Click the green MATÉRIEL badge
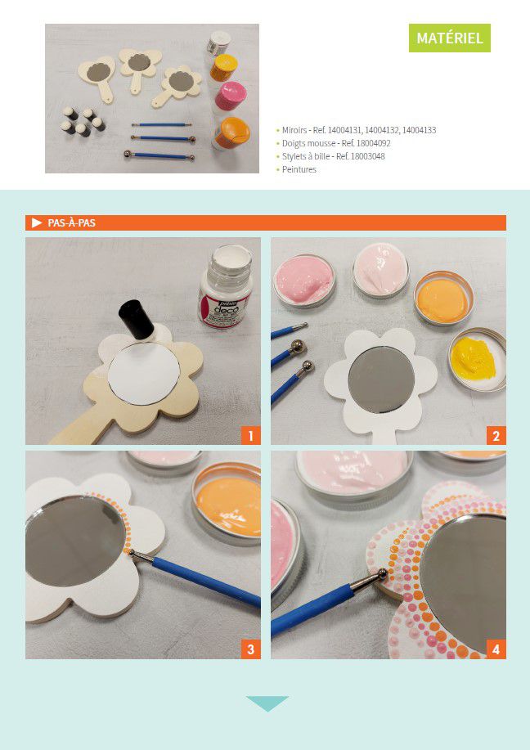tap(449, 38)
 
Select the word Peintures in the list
tap(299, 169)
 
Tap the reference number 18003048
tap(367, 156)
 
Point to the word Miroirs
tap(294, 130)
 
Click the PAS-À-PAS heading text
tap(71, 223)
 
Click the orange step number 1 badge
tap(250, 436)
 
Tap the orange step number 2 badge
tap(496, 436)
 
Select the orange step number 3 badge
tap(250, 649)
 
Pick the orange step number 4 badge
tap(496, 649)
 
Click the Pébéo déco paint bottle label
tap(225, 311)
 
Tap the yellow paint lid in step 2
tap(477, 359)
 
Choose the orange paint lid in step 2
tap(443, 299)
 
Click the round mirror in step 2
tap(381, 379)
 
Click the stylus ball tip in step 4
tap(382, 573)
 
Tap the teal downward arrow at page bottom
tap(267, 703)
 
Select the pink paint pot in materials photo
tap(230, 97)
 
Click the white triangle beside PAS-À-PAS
tap(37, 223)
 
